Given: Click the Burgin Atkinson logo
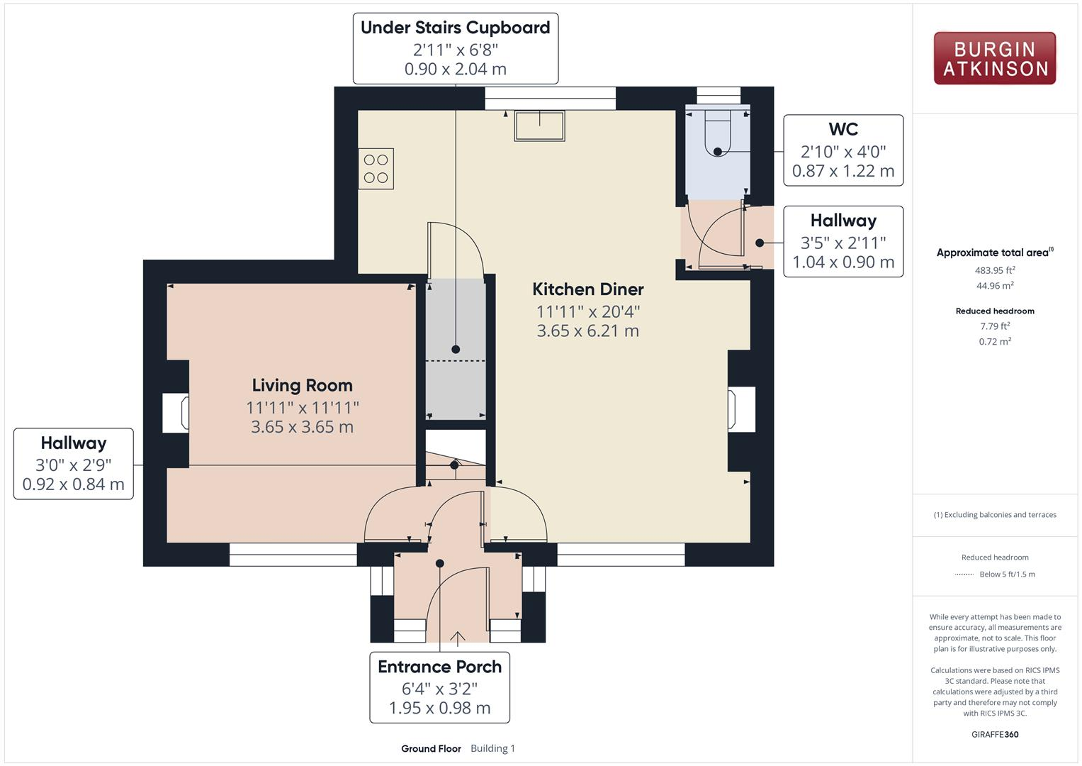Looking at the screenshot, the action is pyautogui.click(x=995, y=58).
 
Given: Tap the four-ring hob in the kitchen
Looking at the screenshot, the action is pyautogui.click(x=376, y=168).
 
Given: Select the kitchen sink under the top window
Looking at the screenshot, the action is pyautogui.click(x=539, y=126).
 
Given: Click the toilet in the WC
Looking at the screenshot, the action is pyautogui.click(x=718, y=133).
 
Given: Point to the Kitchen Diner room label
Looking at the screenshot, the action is pyautogui.click(x=588, y=289).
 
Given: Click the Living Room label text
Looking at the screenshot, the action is pyautogui.click(x=303, y=385).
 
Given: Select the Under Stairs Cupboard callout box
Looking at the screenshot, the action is pyautogui.click(x=456, y=48).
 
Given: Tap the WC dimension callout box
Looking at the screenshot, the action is pyautogui.click(x=843, y=150).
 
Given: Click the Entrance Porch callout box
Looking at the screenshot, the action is pyautogui.click(x=439, y=687).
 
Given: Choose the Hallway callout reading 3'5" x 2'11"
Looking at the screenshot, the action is pyautogui.click(x=843, y=241).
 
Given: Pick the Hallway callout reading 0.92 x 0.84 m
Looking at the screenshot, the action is pyautogui.click(x=74, y=464).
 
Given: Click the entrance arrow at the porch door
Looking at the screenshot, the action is pyautogui.click(x=458, y=638).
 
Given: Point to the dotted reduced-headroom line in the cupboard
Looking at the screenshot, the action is pyautogui.click(x=456, y=361).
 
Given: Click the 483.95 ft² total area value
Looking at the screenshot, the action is pyautogui.click(x=995, y=270).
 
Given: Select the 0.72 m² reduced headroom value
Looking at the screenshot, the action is pyautogui.click(x=995, y=341).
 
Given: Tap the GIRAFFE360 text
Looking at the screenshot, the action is pyautogui.click(x=995, y=734).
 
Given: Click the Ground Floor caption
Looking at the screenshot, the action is pyautogui.click(x=431, y=748).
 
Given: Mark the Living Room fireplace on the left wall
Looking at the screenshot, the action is pyautogui.click(x=175, y=413).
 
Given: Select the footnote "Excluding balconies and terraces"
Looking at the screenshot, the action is pyautogui.click(x=995, y=514).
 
